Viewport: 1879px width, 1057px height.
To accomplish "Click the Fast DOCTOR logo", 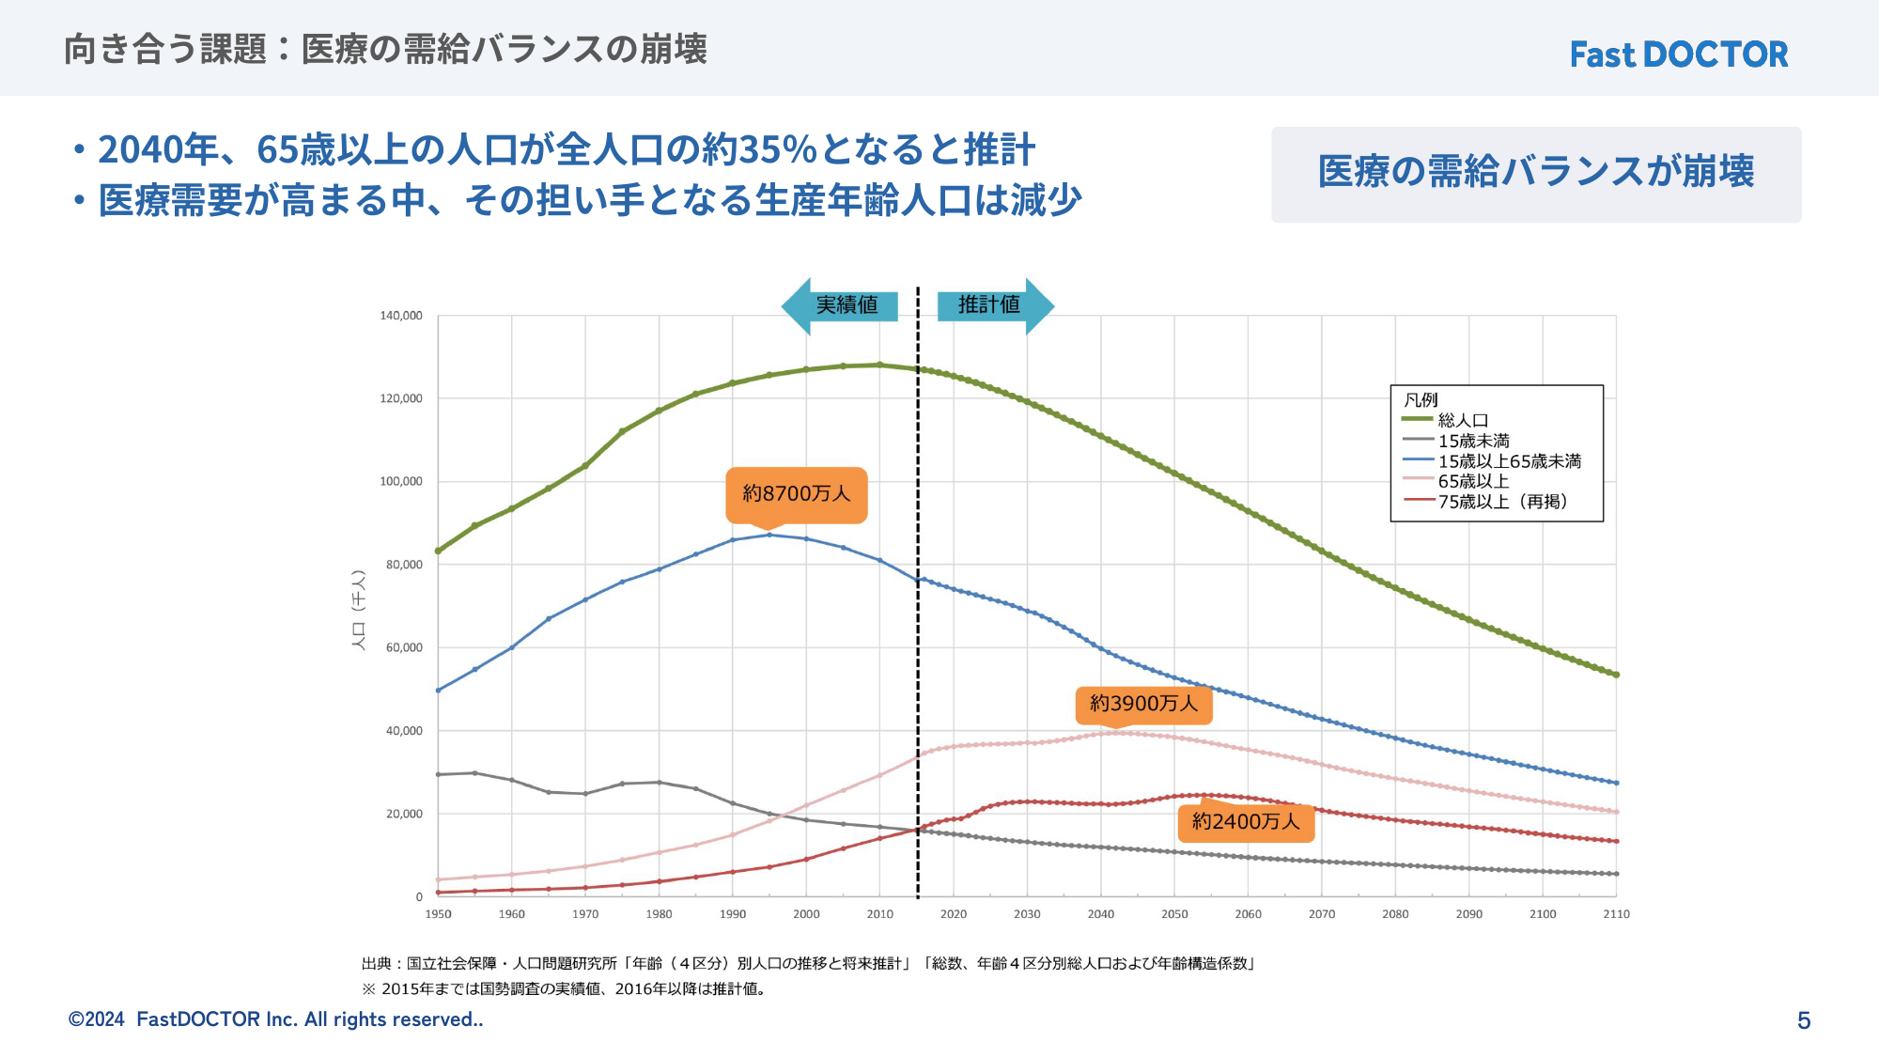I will tap(1679, 54).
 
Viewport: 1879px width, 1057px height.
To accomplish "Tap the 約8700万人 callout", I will tap(796, 494).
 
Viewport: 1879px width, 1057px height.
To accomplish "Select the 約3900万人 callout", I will tap(1143, 704).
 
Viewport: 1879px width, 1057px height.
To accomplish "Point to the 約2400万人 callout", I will tap(1246, 822).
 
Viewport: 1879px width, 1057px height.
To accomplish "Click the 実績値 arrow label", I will tap(846, 305).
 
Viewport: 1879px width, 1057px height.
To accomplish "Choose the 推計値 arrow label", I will tap(989, 305).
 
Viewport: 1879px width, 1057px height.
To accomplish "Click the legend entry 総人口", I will tap(1463, 420).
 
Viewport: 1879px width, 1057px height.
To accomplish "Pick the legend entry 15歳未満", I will tap(1473, 441).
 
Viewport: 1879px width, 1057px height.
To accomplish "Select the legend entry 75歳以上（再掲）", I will tap(1502, 502).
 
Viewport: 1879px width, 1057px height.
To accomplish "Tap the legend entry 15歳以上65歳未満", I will tap(1509, 461).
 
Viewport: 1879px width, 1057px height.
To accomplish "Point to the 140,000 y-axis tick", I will tap(401, 316).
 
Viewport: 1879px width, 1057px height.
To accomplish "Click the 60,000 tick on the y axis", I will tap(404, 647).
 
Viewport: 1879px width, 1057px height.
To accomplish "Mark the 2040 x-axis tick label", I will tap(1100, 914).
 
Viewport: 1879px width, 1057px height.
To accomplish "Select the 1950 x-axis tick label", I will tap(438, 914).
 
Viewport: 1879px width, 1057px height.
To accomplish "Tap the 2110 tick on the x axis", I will tap(1616, 914).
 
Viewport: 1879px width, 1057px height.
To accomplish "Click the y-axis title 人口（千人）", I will tap(358, 609).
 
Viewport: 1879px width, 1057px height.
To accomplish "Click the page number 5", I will tap(1803, 1020).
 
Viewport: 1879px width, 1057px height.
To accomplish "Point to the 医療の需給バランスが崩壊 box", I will tap(1536, 174).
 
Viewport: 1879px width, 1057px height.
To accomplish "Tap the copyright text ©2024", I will tap(97, 1019).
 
